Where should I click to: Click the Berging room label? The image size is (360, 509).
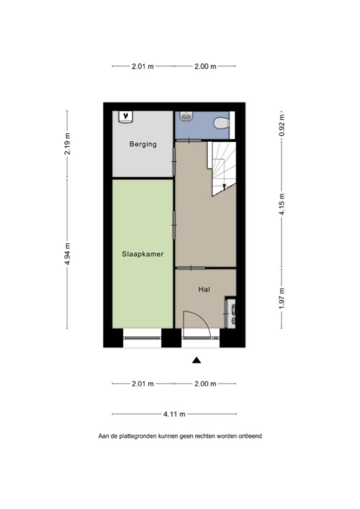143,144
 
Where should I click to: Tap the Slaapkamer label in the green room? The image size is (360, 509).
142,254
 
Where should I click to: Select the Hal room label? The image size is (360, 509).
204,289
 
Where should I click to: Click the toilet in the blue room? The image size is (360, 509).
222,123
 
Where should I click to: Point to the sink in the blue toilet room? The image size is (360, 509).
187,116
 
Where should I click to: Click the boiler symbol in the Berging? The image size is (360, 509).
126,117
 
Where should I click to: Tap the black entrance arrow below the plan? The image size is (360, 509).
196,360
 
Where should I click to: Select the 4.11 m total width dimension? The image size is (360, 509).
174,414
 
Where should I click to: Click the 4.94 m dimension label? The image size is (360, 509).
67,254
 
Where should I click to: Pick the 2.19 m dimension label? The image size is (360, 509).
67,144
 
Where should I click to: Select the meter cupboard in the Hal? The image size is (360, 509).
230,312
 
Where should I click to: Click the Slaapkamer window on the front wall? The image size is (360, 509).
142,338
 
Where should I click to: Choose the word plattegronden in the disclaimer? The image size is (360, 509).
137,436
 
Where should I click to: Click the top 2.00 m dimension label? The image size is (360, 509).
205,66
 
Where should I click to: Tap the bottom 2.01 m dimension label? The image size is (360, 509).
142,384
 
